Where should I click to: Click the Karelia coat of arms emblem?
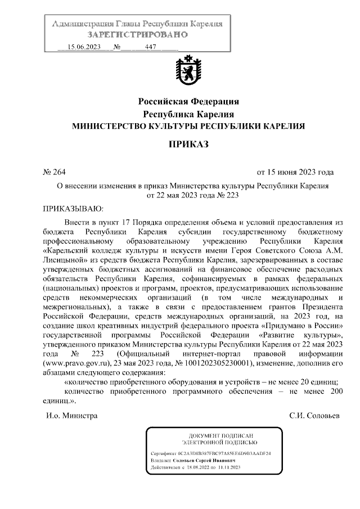click(x=188, y=74)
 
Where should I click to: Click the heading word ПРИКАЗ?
click(x=188, y=145)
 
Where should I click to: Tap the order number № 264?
click(x=55, y=172)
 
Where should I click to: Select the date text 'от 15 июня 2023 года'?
click(x=295, y=172)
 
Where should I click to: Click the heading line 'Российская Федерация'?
click(x=188, y=102)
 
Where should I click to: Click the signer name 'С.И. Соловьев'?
click(x=314, y=416)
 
